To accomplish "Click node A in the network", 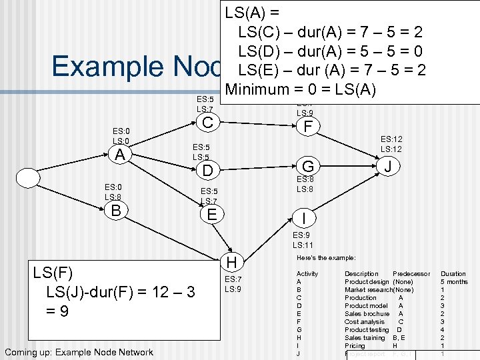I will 119,155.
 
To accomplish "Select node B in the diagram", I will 116,211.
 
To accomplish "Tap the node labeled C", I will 208,123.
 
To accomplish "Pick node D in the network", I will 208,171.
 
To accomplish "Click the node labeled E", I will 212,214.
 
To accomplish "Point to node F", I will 307,127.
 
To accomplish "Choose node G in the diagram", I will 308,166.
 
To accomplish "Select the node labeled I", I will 303,217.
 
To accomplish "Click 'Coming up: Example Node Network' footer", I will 79,353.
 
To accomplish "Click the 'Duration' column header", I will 453,273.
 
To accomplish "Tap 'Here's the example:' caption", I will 326,257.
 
